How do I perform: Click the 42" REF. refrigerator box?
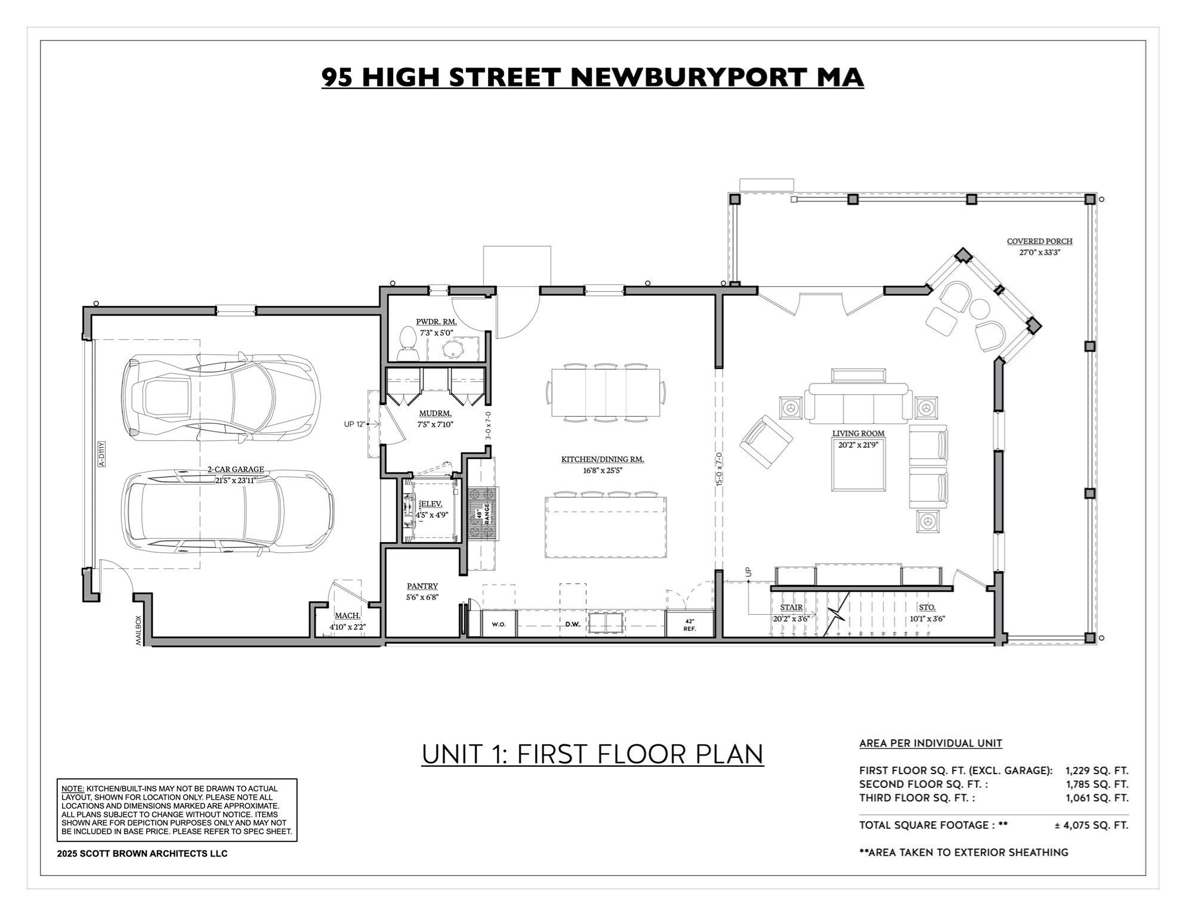coord(690,624)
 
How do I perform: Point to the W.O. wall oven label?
coord(499,624)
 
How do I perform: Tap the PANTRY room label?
coord(422,586)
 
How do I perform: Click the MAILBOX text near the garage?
coord(139,630)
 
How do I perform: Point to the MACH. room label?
coord(347,615)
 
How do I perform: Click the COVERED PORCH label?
coord(1039,242)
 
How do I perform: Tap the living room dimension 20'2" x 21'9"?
coord(858,444)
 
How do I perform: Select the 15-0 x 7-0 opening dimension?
coord(719,469)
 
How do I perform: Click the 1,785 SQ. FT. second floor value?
coord(1097,784)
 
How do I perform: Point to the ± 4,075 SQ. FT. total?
coord(1091,825)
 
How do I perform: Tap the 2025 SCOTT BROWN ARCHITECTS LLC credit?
coord(142,853)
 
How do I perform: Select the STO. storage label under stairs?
coord(926,608)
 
